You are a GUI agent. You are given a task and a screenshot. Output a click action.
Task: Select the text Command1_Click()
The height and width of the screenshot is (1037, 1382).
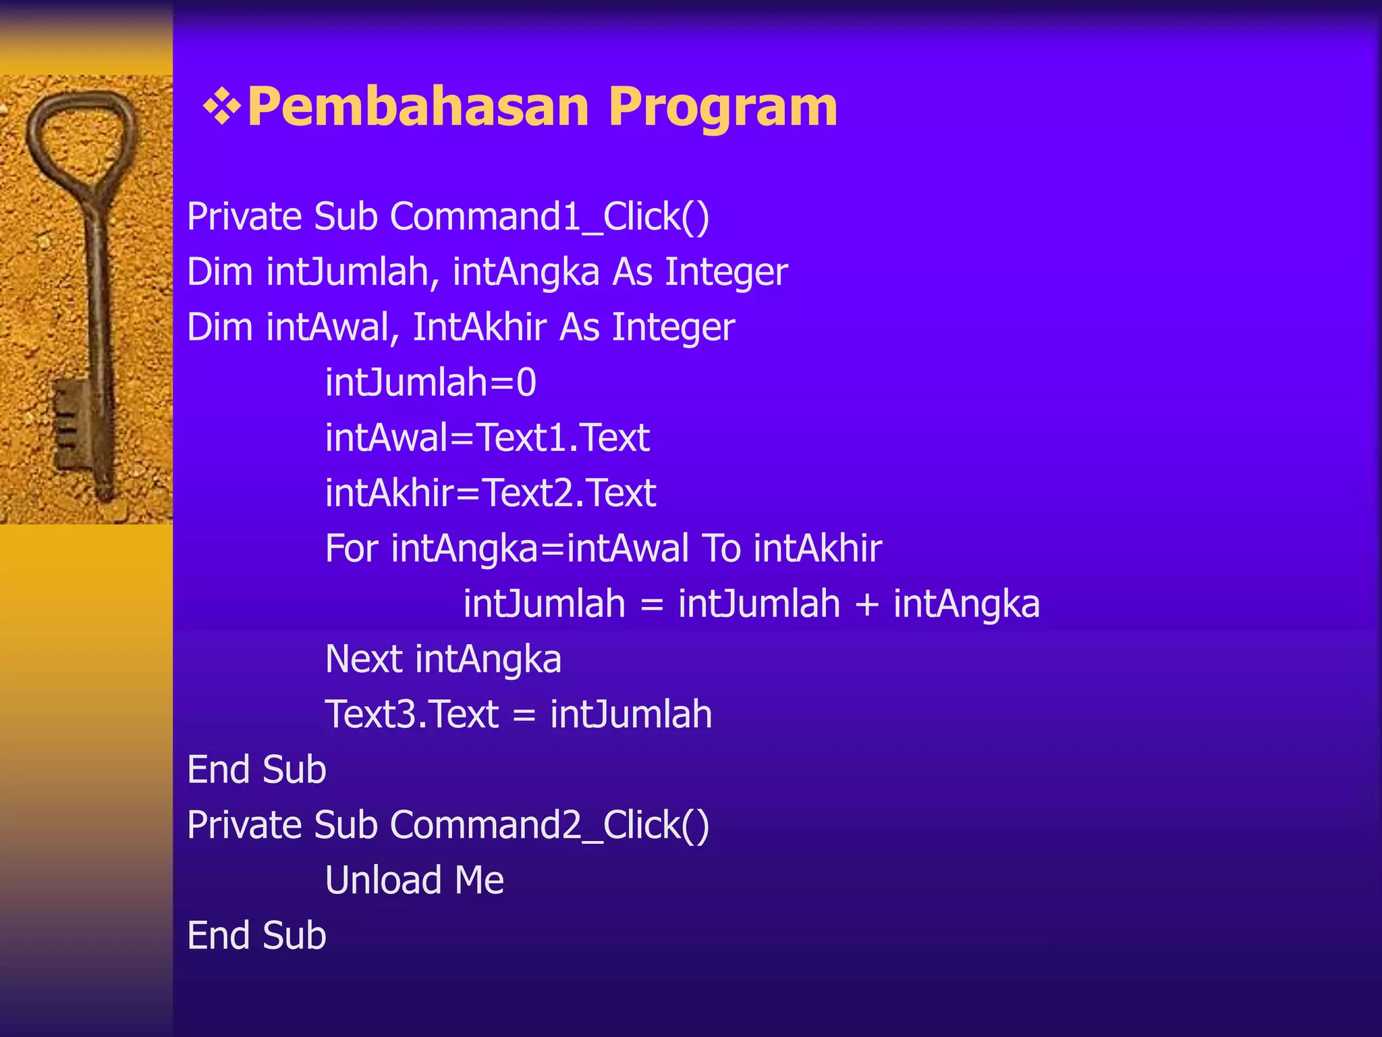point(549,217)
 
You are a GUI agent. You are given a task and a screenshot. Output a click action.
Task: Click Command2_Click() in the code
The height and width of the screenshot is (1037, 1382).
point(549,826)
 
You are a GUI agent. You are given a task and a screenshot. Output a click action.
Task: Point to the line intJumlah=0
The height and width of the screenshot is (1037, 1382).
point(431,383)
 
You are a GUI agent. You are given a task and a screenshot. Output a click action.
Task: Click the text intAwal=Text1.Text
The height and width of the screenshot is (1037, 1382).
point(487,438)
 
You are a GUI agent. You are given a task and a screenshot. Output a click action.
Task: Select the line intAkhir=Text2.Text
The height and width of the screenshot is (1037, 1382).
point(491,494)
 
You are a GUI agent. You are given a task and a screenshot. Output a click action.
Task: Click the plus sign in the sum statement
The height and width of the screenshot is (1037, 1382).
point(866,605)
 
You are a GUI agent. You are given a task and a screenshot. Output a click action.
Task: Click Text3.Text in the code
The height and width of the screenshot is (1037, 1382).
point(412,714)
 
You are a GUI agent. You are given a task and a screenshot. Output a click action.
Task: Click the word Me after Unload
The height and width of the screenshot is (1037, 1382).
point(479,880)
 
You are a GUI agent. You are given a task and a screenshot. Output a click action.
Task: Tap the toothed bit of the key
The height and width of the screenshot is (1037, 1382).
point(71,419)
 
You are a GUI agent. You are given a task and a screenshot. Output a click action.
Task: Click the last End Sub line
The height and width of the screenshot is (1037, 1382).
point(256,936)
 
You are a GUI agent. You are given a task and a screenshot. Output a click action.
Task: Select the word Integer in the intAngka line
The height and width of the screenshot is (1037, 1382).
point(726,273)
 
